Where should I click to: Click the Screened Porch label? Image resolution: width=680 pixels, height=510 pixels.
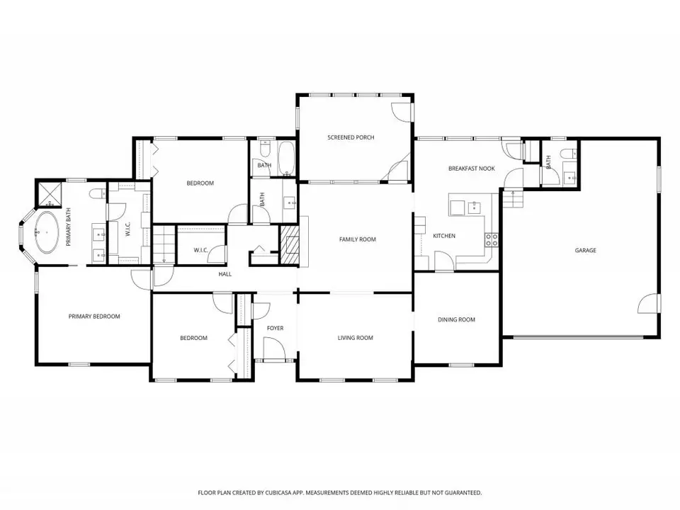(351, 137)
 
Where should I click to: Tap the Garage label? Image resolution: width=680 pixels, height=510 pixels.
(586, 250)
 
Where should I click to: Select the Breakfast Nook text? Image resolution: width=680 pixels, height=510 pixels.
(472, 169)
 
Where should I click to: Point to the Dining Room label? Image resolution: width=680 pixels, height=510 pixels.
(456, 319)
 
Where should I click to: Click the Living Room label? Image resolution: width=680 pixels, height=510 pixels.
(355, 338)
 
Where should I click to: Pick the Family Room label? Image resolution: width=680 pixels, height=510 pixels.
(357, 239)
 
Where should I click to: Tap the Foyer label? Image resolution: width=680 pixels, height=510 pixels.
(275, 328)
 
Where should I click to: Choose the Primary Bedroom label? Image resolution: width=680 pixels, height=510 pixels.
(94, 317)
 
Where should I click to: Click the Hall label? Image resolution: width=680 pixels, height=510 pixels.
(225, 274)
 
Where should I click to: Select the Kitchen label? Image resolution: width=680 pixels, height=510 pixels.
(444, 236)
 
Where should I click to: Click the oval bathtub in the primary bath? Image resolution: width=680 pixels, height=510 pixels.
(47, 232)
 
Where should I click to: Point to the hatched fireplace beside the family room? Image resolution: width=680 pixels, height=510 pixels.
(290, 244)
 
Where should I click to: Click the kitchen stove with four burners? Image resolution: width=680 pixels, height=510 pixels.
(492, 240)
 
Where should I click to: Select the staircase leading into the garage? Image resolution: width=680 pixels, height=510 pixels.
(514, 200)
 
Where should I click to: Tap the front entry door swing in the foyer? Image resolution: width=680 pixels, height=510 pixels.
(274, 348)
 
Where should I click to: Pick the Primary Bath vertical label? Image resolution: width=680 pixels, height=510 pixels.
(69, 227)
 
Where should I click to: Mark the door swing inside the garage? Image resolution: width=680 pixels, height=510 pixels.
(647, 303)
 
